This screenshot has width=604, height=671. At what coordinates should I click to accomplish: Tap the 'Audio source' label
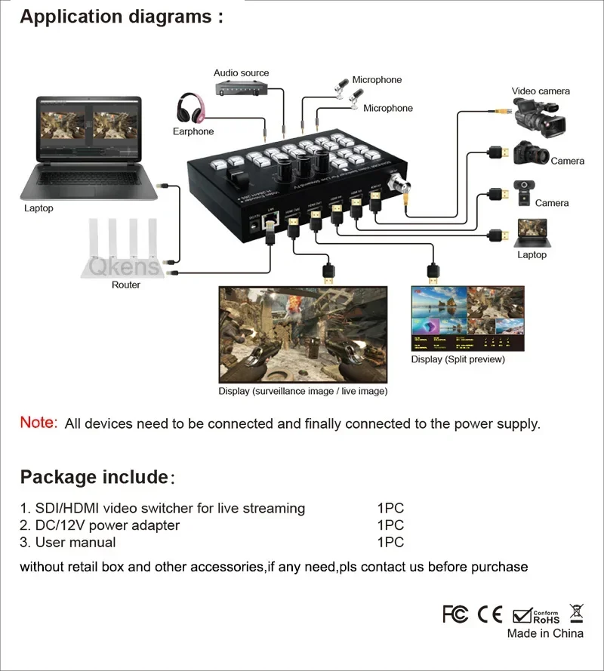[241, 73]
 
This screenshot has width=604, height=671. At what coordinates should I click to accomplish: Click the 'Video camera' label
[541, 91]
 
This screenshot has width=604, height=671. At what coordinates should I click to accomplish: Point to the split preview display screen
[467, 318]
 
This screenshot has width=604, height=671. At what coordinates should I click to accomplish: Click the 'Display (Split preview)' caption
[458, 359]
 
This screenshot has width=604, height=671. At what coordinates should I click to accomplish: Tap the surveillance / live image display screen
[303, 334]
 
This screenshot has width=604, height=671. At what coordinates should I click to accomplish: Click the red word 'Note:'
[39, 423]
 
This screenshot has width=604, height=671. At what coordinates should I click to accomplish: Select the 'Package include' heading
[94, 477]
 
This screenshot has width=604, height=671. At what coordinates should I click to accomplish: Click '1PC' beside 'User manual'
[390, 542]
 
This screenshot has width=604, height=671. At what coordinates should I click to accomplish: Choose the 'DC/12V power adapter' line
[100, 525]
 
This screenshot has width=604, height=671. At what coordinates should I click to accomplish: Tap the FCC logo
[455, 614]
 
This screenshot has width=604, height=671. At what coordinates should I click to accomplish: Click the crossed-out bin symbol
[576, 612]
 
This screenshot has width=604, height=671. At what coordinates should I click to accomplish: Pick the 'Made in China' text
[545, 634]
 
